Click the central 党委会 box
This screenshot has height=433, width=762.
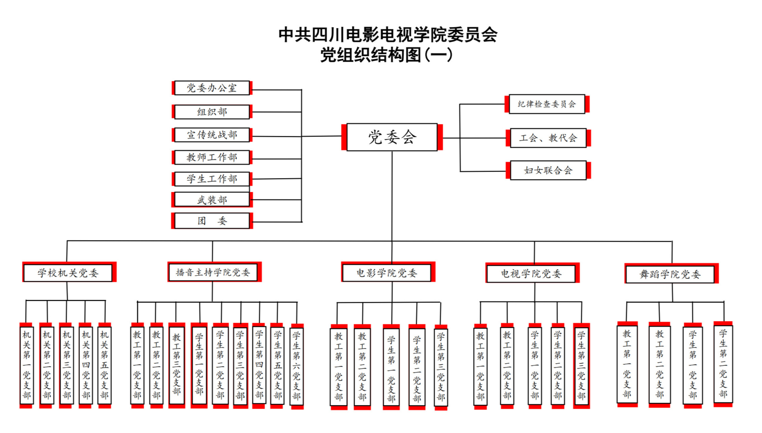(x=392, y=137)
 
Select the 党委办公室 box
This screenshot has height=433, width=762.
(x=212, y=88)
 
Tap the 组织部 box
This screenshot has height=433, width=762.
(x=212, y=112)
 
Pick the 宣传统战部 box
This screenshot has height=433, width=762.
(x=212, y=135)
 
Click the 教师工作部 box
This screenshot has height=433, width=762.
(x=212, y=157)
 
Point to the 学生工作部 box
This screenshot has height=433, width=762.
(x=212, y=179)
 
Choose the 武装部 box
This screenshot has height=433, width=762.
(x=212, y=200)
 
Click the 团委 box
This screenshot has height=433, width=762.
(x=212, y=221)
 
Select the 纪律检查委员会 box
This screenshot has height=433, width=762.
(x=547, y=104)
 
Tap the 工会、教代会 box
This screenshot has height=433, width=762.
(x=548, y=138)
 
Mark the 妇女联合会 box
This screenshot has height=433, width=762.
(x=548, y=170)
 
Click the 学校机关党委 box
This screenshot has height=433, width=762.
(x=68, y=273)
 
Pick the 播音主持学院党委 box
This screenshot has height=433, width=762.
(x=213, y=272)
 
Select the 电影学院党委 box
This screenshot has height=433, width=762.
(x=387, y=273)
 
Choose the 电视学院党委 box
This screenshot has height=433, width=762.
(x=531, y=273)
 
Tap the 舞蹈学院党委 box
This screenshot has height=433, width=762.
(x=670, y=274)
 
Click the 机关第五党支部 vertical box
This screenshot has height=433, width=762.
(x=104, y=365)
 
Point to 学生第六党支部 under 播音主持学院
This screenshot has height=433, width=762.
(x=296, y=366)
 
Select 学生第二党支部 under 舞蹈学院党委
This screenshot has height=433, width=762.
(x=723, y=364)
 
